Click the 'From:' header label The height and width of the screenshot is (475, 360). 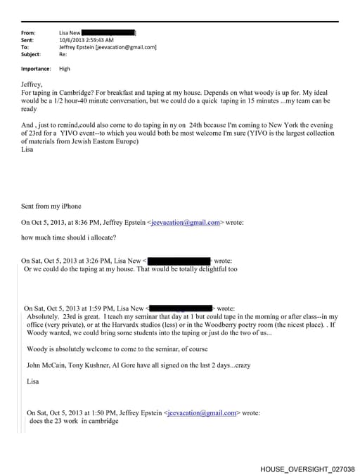tap(28, 33)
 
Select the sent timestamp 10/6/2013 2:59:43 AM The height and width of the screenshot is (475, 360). tap(81, 40)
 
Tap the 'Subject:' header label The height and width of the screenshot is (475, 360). tap(31, 54)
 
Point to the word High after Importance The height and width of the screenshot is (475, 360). tap(65, 69)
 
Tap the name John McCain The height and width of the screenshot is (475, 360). tap(46, 365)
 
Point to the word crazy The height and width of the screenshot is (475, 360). tap(238, 365)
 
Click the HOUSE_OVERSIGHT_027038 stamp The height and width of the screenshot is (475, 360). tap(307, 469)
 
